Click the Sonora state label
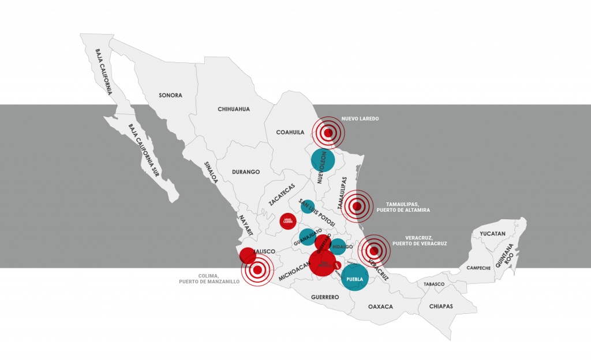(170, 95)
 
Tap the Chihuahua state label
(234, 109)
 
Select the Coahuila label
(290, 132)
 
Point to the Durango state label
(246, 172)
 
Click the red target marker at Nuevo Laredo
(328, 133)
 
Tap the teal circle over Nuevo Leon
(323, 160)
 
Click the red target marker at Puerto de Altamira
(357, 206)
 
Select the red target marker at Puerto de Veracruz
(374, 250)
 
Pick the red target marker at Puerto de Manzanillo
(257, 270)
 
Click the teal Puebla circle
(354, 277)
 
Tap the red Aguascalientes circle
(288, 221)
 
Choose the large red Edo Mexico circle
(322, 262)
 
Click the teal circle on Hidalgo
(338, 246)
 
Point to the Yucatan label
(492, 234)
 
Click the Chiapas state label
(441, 306)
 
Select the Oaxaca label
(380, 307)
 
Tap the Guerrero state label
(325, 297)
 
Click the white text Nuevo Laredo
(360, 119)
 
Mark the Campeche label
(478, 268)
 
